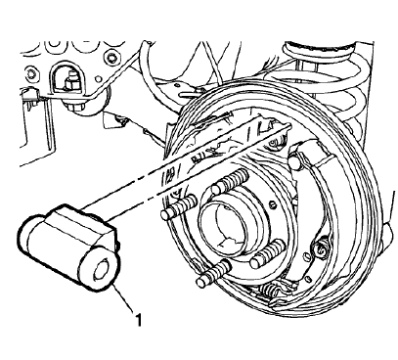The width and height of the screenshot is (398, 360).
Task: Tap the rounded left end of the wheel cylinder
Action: [29, 240]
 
